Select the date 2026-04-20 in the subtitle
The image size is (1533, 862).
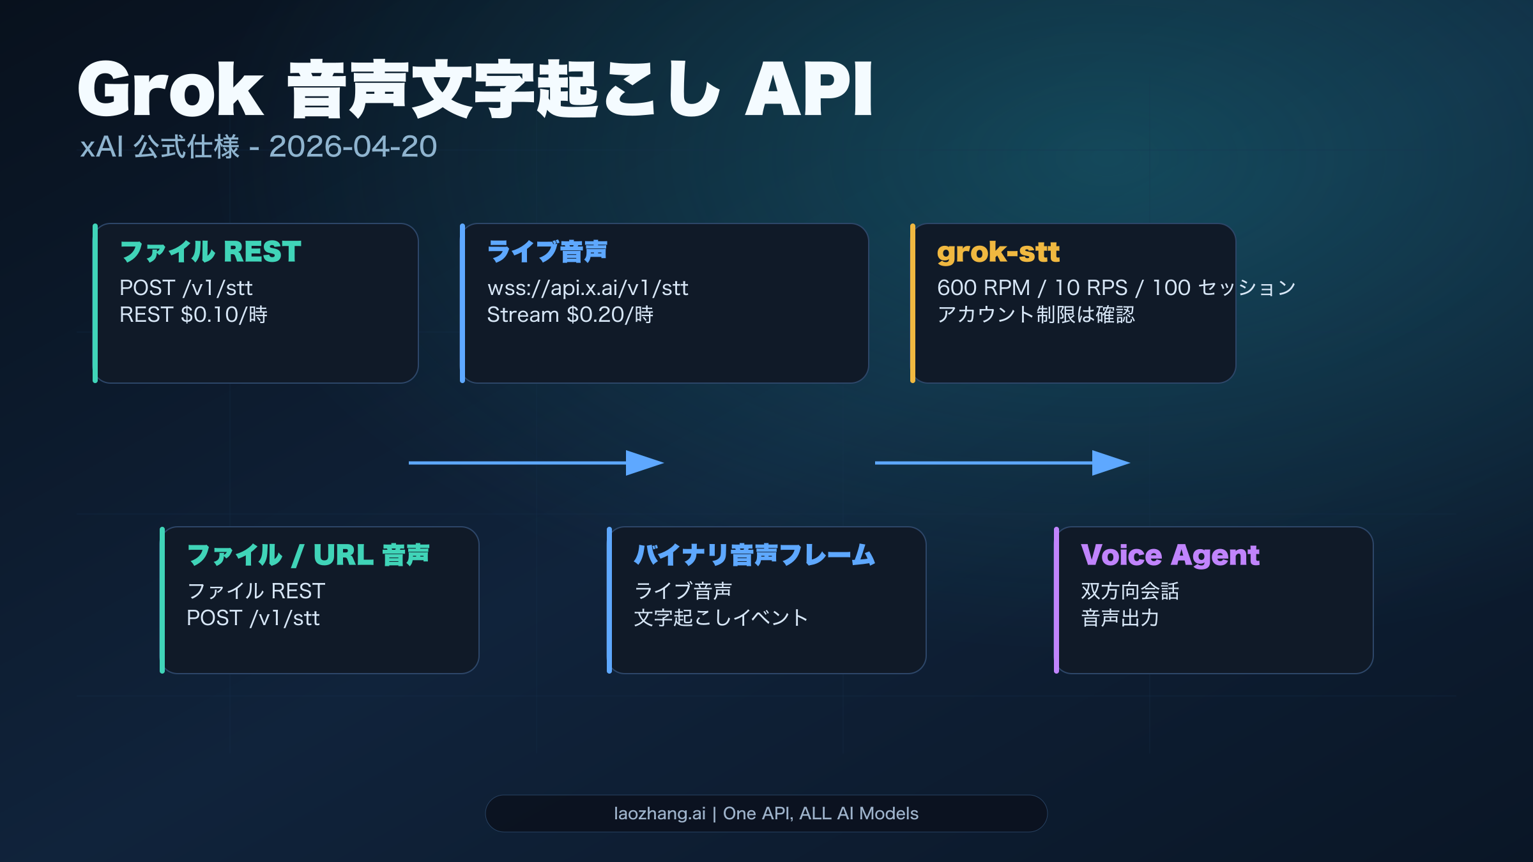(x=353, y=147)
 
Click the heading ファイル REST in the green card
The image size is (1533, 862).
(x=210, y=252)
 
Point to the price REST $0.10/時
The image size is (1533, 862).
(x=194, y=315)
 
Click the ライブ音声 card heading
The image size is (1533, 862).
(x=547, y=252)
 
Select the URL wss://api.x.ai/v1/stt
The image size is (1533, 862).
(x=588, y=288)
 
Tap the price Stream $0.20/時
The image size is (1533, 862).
(x=570, y=315)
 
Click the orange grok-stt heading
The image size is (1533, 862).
(x=998, y=252)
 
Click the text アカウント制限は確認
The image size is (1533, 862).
(x=1035, y=315)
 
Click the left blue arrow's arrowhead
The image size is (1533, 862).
(x=644, y=463)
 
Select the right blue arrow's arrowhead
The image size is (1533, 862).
(x=1110, y=463)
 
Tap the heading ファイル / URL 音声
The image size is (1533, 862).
(x=308, y=555)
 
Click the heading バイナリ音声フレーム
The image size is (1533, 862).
(x=754, y=555)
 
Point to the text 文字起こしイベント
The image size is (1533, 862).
(x=721, y=618)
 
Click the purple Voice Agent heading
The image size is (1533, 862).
(x=1170, y=555)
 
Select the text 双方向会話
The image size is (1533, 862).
(x=1129, y=591)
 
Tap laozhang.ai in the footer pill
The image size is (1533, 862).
(x=659, y=813)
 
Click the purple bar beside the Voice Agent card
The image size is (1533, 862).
(x=1056, y=600)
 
